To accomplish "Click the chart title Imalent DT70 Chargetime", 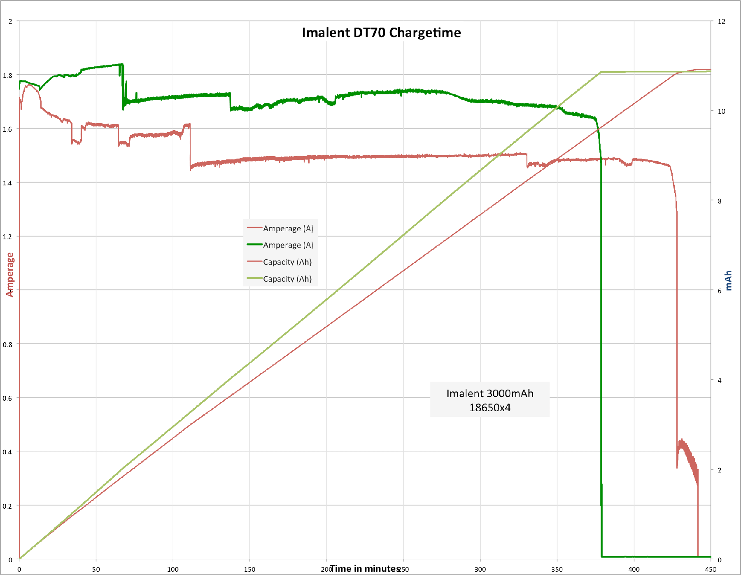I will pos(381,33).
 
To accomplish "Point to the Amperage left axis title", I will pos(10,274).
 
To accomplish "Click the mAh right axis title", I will pos(728,280).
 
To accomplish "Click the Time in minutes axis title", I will pos(365,568).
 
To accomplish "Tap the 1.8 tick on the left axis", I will pos(7,75).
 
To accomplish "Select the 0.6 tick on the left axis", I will pos(7,398).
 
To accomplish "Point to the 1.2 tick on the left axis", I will pos(7,237).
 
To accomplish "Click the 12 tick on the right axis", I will pos(721,21).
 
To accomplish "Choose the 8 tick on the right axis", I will pos(720,201).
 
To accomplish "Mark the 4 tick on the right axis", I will pos(720,380).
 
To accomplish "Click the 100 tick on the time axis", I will pos(173,569).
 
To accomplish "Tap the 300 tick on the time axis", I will pos(480,569).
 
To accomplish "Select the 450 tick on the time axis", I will pos(711,569).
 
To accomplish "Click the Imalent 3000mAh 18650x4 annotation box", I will pos(490,400).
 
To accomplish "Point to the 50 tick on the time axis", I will pos(96,569).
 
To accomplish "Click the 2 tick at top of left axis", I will pos(10,21).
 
